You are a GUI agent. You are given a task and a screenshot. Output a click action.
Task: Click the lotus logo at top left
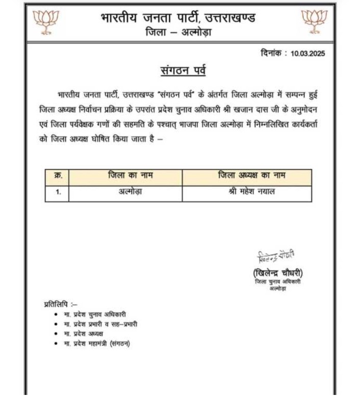coord(45,21)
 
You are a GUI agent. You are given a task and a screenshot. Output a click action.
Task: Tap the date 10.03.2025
coord(307,54)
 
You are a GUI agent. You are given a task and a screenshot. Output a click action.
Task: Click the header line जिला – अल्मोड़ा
coord(178,33)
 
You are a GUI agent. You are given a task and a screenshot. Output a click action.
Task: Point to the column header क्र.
coord(57,176)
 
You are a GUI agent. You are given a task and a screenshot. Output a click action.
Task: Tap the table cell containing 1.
coord(57,193)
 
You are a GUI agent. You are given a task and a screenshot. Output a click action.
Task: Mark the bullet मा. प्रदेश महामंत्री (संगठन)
coord(97,343)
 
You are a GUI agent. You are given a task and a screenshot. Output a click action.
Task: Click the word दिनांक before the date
coord(273,53)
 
